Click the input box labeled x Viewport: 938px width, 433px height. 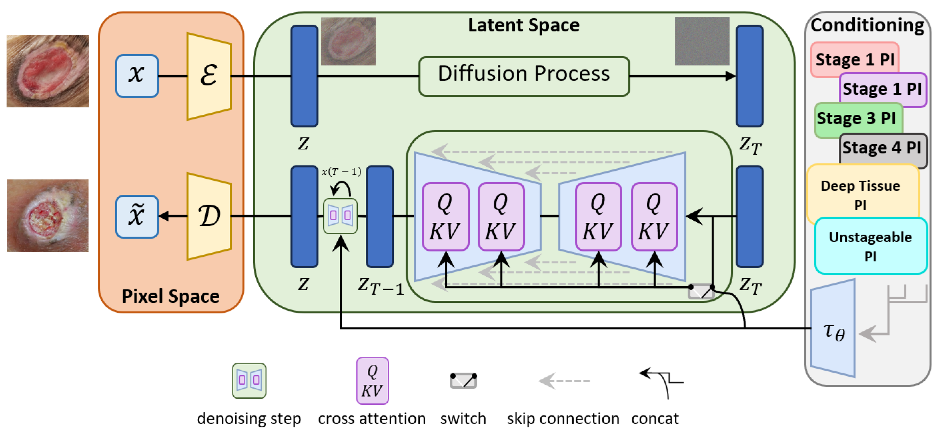[x=137, y=76]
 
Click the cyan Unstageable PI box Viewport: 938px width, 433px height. [x=870, y=246]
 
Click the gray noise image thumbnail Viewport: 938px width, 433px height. [x=702, y=41]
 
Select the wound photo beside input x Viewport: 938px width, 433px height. [x=48, y=71]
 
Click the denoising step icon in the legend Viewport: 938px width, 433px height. [x=249, y=380]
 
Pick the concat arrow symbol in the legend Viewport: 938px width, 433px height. [x=661, y=382]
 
